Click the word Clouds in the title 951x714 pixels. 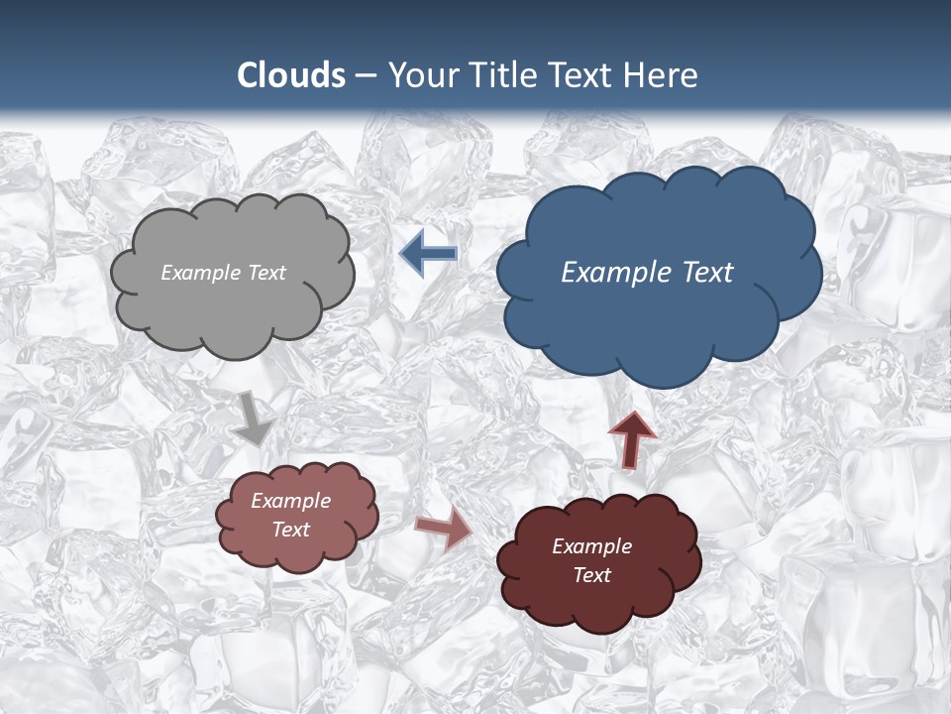point(291,75)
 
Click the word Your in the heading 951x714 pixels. point(423,75)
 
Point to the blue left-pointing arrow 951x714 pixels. point(428,254)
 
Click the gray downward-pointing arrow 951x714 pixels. point(254,417)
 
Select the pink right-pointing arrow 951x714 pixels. point(443,528)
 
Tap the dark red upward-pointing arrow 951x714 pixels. point(632,437)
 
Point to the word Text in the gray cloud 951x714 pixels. point(265,273)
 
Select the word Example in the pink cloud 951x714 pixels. point(291,501)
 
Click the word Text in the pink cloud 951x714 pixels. point(291,530)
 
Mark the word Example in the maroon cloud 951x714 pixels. point(592,546)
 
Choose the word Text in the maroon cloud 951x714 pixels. point(592,575)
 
